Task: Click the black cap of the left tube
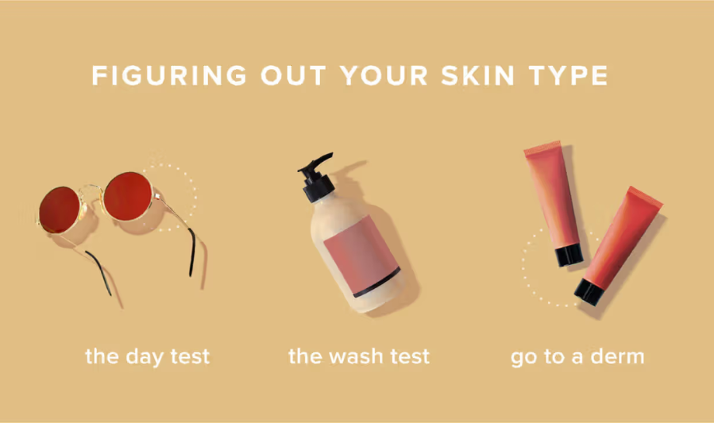(x=569, y=255)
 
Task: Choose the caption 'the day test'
(x=147, y=356)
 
